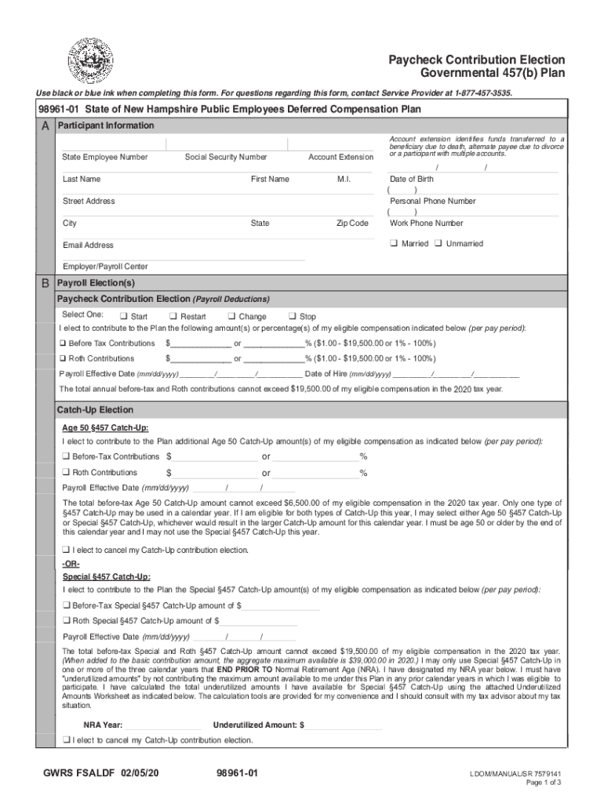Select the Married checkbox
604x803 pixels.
pos(395,244)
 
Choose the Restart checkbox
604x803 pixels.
pos(173,317)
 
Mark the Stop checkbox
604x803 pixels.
pos(292,317)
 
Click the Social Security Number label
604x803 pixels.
pos(226,157)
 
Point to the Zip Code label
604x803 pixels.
pos(352,223)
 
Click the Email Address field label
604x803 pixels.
pos(88,245)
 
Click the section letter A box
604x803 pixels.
pos(45,126)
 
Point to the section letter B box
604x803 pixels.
pos(45,283)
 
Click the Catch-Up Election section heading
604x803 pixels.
pos(95,410)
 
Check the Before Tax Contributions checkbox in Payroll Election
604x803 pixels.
pos(64,344)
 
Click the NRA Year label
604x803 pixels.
pos(102,725)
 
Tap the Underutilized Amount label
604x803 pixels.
pos(258,725)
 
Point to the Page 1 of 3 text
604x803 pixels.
pos(543,783)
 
